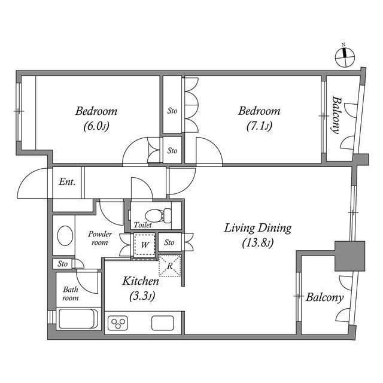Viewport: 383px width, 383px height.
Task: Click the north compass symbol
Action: click(x=345, y=56)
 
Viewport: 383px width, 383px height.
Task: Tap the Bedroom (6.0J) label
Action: click(x=96, y=118)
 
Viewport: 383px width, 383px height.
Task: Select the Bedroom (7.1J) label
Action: click(x=259, y=118)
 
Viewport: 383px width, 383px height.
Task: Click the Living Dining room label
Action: click(x=257, y=235)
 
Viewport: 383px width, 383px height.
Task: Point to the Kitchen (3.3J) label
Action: click(x=141, y=288)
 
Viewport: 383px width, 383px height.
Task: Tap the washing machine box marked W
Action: click(x=144, y=245)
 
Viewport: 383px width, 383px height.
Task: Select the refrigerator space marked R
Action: click(x=170, y=265)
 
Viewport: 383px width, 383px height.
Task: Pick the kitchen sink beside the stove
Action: click(x=162, y=323)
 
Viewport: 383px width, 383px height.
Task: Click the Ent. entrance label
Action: click(x=67, y=182)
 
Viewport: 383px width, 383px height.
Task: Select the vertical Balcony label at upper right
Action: click(x=336, y=117)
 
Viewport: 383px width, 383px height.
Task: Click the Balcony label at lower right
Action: click(x=324, y=297)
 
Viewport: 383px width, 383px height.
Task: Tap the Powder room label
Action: click(x=99, y=238)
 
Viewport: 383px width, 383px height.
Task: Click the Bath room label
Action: click(x=71, y=293)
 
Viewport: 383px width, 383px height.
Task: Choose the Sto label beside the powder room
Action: click(x=63, y=263)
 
